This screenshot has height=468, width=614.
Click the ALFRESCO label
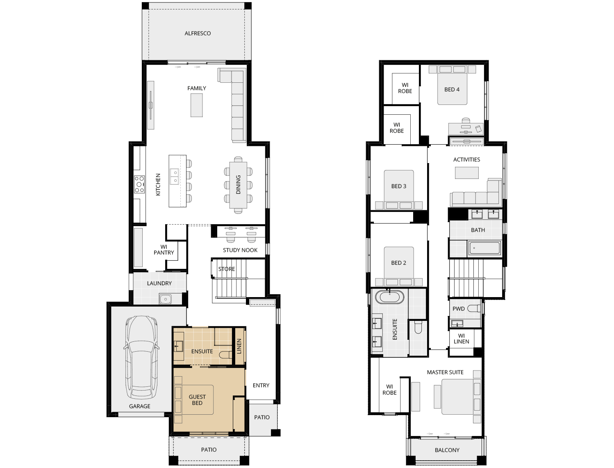click(198, 33)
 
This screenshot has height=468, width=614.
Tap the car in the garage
click(141, 357)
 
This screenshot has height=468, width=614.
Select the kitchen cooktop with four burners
click(139, 184)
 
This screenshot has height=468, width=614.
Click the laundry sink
click(166, 299)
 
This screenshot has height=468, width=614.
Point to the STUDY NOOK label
click(240, 250)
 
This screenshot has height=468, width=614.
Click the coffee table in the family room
click(197, 105)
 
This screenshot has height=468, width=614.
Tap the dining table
click(238, 185)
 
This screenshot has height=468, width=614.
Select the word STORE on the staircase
click(227, 269)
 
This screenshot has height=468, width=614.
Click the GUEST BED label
click(197, 400)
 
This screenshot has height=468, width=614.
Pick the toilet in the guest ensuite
click(225, 355)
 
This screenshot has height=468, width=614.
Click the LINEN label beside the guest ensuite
click(239, 346)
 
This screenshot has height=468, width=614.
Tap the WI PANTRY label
click(164, 250)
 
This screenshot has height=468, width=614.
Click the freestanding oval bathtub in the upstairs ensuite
click(390, 297)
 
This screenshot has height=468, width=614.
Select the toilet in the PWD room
click(474, 308)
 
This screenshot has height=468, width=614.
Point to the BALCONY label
click(447, 450)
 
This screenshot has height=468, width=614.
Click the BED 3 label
click(399, 186)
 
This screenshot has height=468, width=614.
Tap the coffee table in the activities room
click(466, 173)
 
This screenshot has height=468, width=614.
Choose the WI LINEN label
click(461, 339)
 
